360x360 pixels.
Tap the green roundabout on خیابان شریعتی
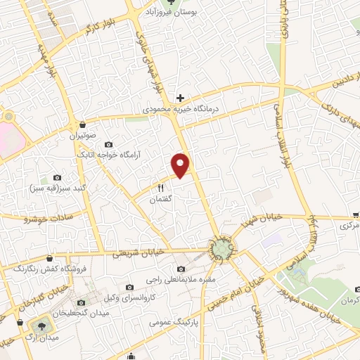(x=222, y=248)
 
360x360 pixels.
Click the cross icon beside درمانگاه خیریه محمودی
(x=181, y=98)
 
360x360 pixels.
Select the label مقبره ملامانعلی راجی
(x=181, y=281)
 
